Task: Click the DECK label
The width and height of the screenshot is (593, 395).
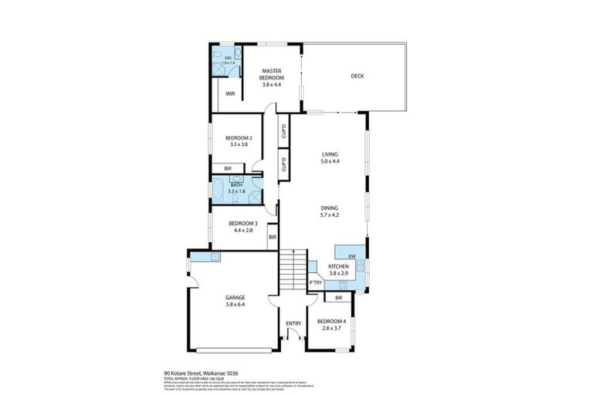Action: coord(357,76)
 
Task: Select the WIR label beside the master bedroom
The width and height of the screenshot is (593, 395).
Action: coord(230,94)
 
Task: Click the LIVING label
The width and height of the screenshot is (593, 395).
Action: coord(330,155)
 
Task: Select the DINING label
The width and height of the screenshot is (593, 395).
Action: coord(330,208)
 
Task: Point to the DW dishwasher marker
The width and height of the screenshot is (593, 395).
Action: coord(351,256)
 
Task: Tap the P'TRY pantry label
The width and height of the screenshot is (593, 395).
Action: coord(315,283)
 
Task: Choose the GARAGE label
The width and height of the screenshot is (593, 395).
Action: coord(235,297)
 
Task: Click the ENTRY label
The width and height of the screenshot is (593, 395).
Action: coord(293,323)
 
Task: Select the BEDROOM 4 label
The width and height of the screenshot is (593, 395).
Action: coord(330,320)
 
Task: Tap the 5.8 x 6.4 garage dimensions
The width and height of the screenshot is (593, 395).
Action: coord(235,304)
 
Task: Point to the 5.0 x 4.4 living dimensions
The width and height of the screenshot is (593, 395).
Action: coord(330,162)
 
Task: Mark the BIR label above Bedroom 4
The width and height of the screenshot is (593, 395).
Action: coord(337,298)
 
